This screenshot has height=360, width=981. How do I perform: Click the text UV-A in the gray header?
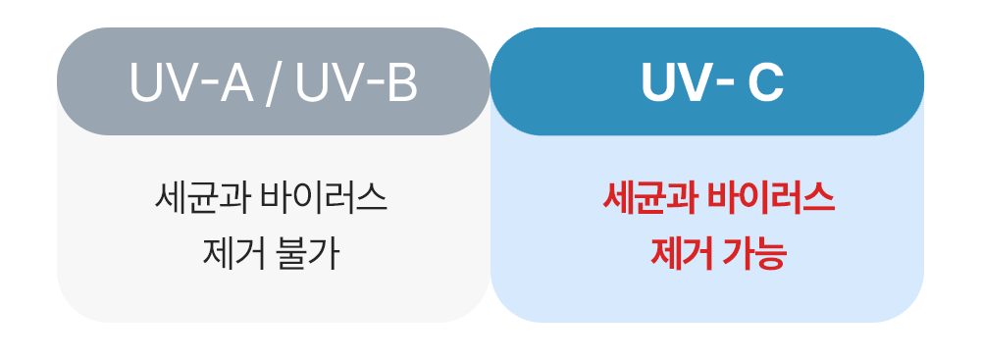pos(191,81)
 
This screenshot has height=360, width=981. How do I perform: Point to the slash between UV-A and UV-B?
pos(273,82)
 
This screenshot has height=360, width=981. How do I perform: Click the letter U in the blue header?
pos(660,82)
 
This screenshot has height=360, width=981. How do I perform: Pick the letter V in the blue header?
pos(700,82)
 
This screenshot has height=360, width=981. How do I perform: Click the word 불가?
pos(307,254)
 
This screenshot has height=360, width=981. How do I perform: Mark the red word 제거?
pos(677,254)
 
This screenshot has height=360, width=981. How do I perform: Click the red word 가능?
pos(753,254)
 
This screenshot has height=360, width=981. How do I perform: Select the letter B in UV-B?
pos(401,82)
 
